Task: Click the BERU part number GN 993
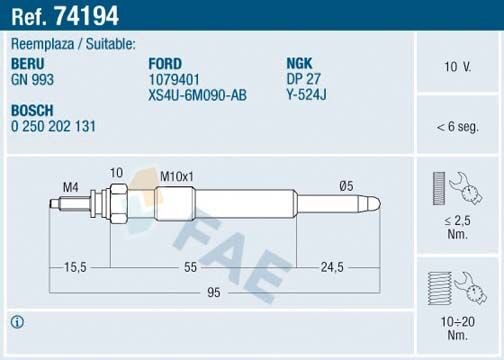32,78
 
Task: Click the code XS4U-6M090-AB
197,94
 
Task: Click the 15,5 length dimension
74,267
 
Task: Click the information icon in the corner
17,322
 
